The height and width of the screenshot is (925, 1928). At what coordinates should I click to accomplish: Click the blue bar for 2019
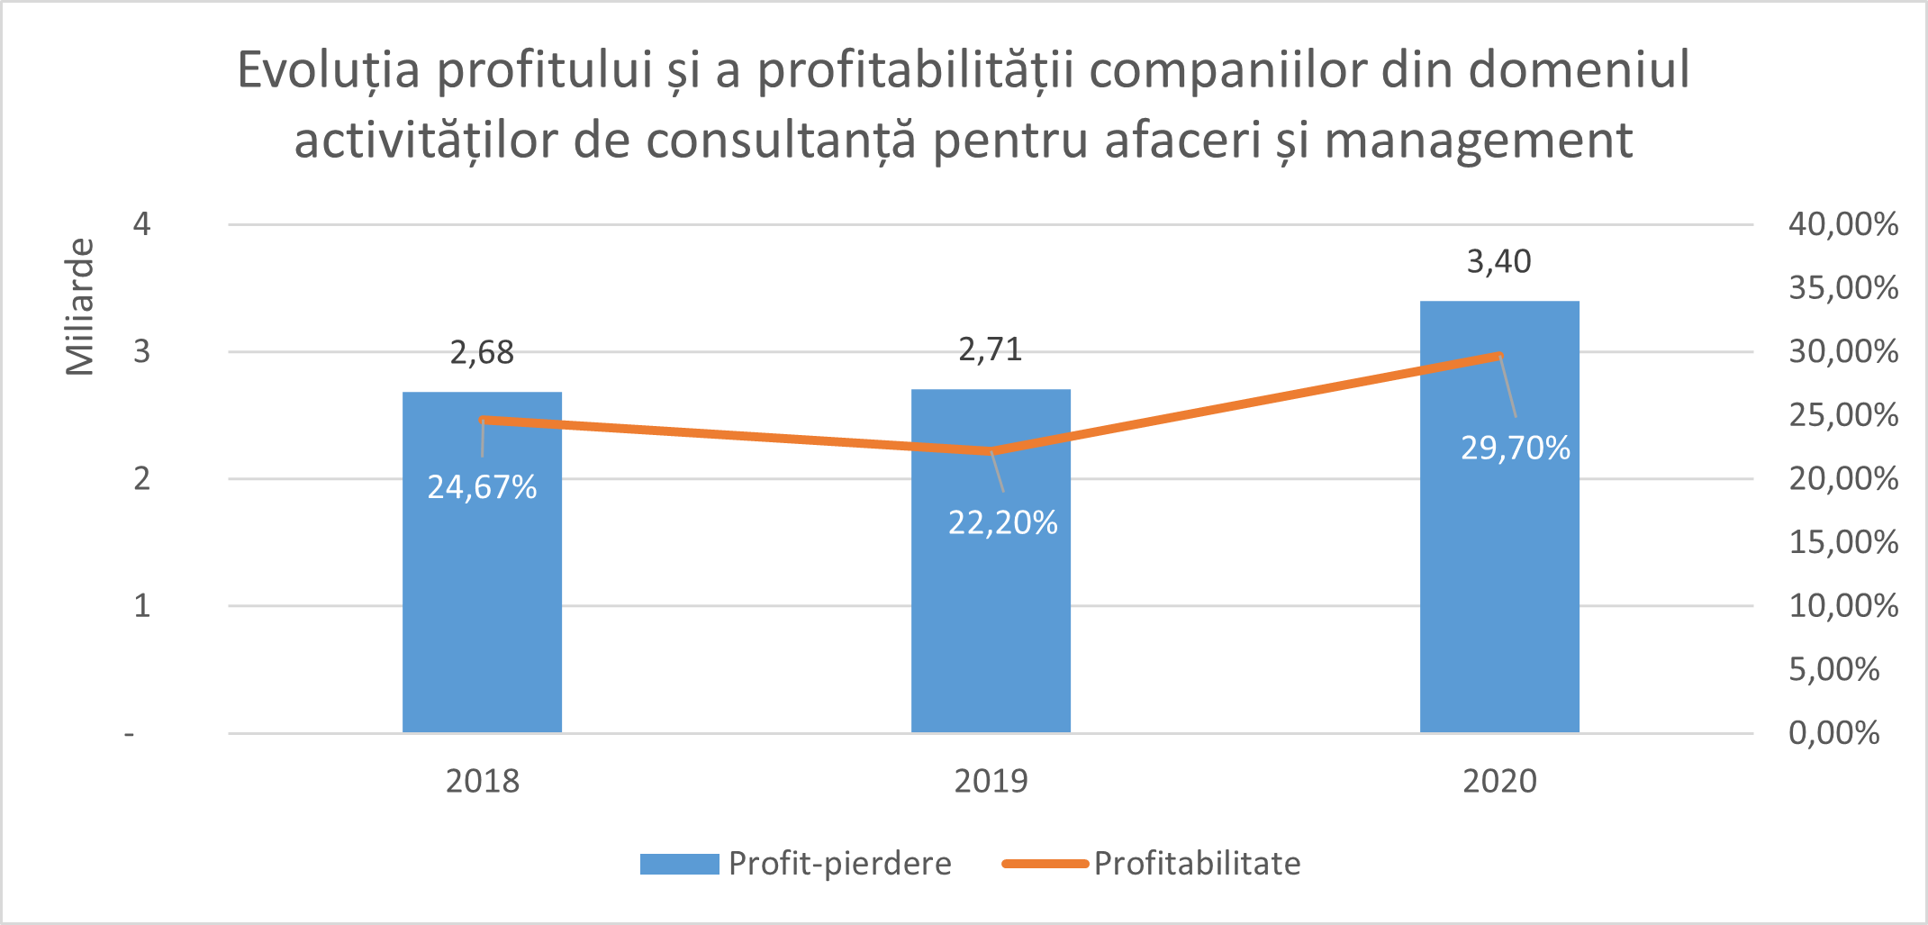(991, 612)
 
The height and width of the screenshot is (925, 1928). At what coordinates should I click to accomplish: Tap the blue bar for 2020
(1499, 585)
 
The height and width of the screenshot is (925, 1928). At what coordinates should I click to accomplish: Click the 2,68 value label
(482, 352)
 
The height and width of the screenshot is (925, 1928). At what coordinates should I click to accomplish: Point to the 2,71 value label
(991, 349)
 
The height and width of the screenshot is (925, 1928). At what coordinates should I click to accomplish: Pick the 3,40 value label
(1498, 261)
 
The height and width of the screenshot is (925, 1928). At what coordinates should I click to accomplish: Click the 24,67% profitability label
(482, 487)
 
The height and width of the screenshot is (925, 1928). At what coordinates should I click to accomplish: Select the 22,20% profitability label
(1002, 522)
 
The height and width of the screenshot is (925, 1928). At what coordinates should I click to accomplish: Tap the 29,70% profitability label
(1515, 448)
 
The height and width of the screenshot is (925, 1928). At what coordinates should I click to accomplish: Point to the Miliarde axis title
(79, 306)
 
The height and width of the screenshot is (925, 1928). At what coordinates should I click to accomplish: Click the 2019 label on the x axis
(991, 781)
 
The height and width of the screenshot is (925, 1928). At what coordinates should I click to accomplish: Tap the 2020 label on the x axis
(1499, 781)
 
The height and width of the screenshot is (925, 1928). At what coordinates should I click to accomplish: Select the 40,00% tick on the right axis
(1842, 223)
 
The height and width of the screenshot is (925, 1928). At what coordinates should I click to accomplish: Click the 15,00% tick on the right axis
(1842, 542)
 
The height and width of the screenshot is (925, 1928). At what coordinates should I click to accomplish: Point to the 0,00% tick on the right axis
(1833, 733)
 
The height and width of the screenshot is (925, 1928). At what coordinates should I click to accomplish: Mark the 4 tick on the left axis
(141, 223)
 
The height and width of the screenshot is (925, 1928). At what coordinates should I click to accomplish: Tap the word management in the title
(1478, 141)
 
